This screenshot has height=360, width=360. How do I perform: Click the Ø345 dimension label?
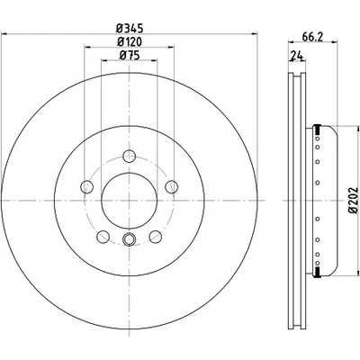[130, 29]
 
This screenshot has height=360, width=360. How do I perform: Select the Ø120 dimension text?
[130, 41]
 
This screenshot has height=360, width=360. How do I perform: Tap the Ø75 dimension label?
[130, 55]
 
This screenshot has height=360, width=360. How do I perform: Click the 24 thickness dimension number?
[296, 56]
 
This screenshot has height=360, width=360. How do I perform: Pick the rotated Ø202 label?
[354, 200]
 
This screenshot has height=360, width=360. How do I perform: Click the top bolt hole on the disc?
[130, 156]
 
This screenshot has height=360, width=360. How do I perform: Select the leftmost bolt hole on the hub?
[86, 186]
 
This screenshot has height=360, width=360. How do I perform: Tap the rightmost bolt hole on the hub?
[172, 186]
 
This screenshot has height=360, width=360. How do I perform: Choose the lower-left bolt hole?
[103, 237]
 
